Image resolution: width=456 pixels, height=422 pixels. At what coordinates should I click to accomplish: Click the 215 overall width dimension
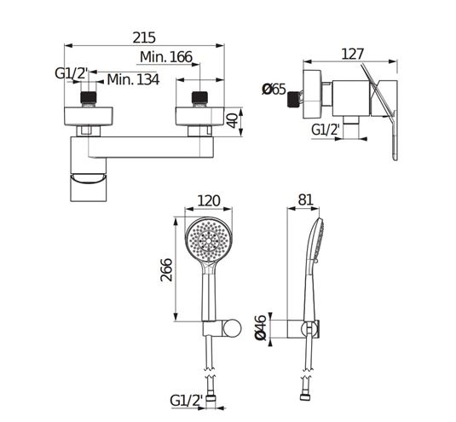click(144, 38)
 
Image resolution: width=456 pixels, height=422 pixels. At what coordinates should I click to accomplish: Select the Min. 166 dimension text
click(166, 57)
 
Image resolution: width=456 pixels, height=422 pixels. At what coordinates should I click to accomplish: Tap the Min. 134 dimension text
click(133, 79)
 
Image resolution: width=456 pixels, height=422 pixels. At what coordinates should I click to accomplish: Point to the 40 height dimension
click(233, 120)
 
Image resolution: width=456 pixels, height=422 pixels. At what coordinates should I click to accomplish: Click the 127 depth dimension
click(352, 54)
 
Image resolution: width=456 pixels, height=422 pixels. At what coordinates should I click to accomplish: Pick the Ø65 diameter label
click(274, 89)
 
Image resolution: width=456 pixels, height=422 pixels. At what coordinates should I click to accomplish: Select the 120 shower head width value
click(209, 200)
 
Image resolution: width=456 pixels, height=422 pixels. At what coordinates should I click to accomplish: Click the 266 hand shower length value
click(167, 269)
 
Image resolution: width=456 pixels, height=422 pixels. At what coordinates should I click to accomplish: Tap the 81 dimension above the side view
click(305, 199)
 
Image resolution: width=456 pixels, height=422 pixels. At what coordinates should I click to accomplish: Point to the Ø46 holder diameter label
click(261, 327)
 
